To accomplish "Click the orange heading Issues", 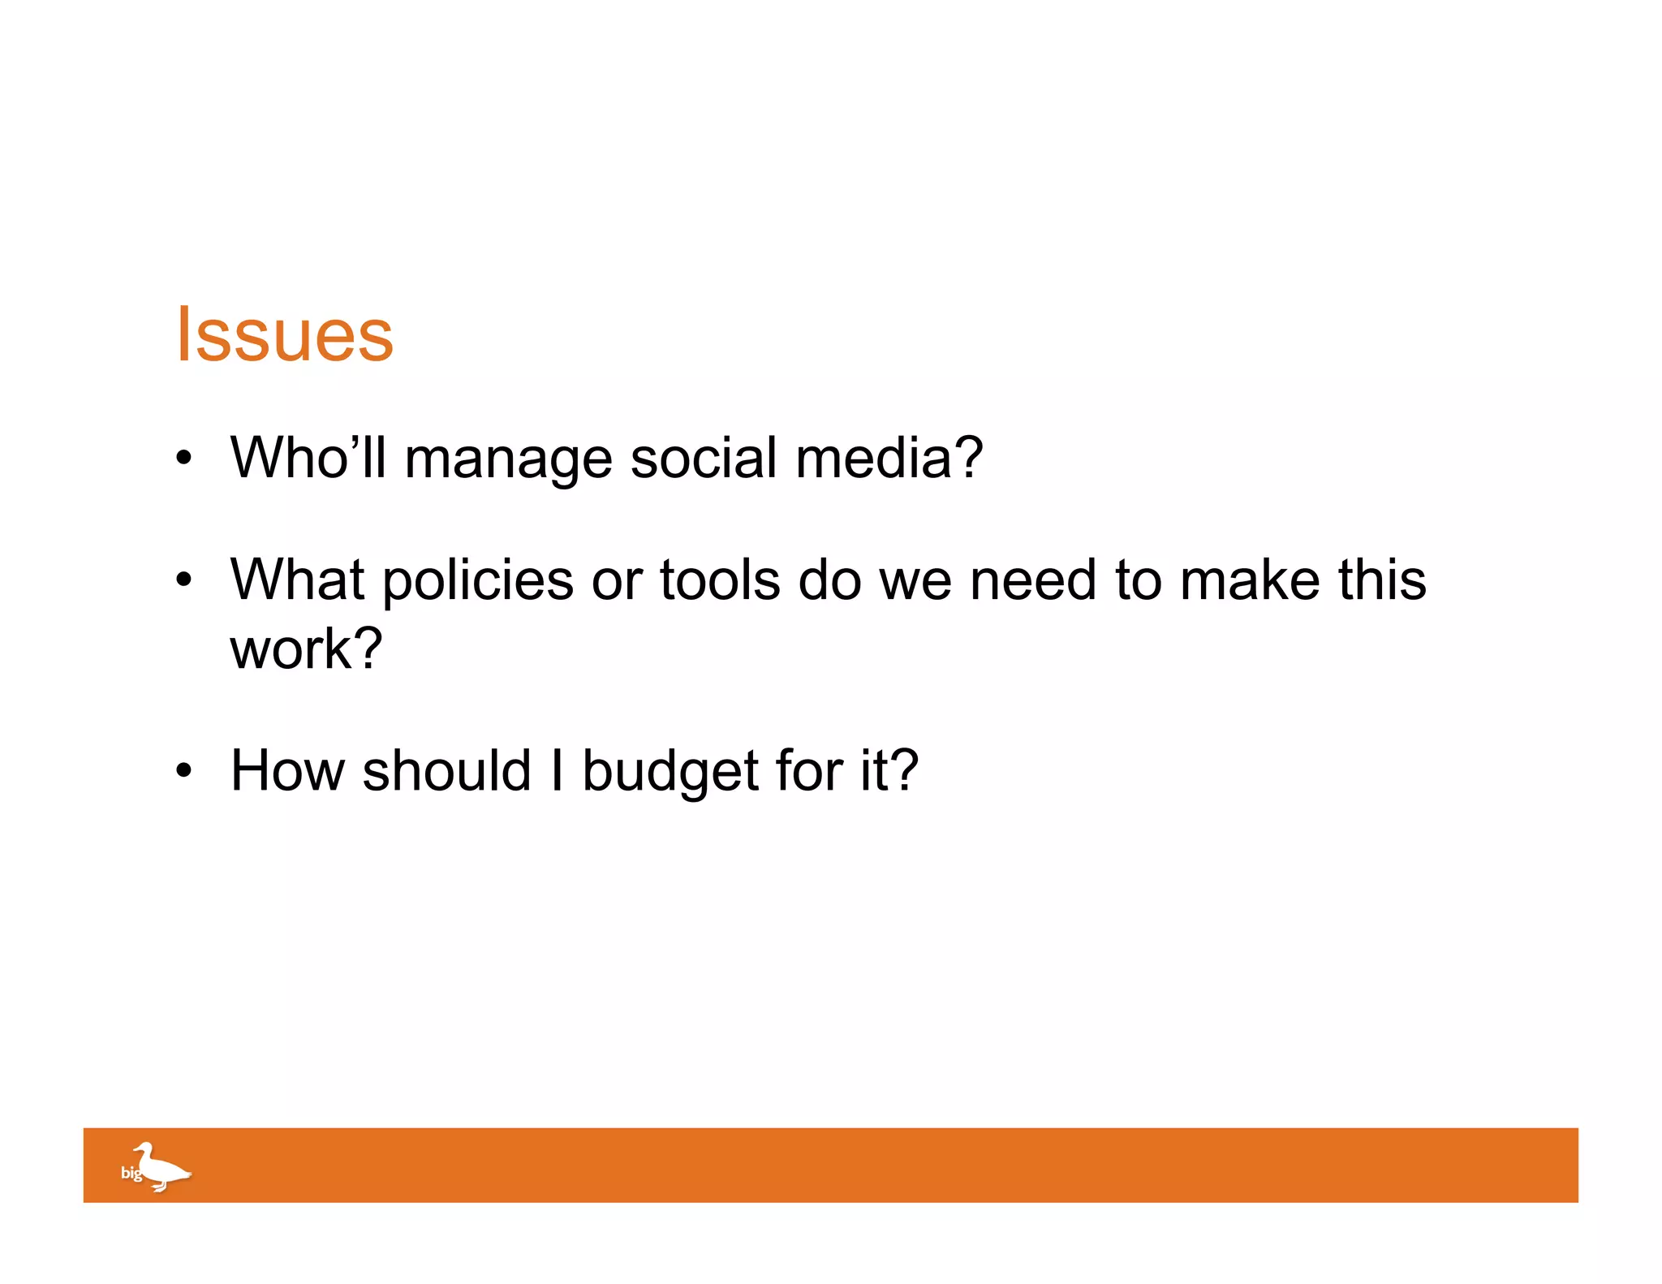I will point(284,334).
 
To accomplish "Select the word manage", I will point(508,461).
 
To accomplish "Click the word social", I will point(704,458).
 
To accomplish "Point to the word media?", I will point(889,458).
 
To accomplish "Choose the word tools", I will point(720,580).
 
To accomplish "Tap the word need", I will point(1033,580).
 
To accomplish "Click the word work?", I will point(306,649).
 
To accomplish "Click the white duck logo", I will point(162,1167).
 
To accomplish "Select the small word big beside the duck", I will point(131,1173).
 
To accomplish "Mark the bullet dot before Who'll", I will point(184,459).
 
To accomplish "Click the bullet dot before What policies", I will point(184,580).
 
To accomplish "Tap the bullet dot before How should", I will point(184,770).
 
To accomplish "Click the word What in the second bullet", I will point(297,580).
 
